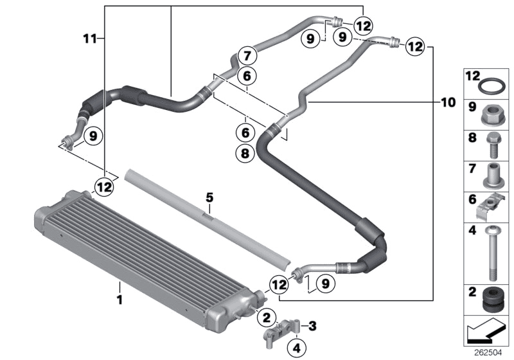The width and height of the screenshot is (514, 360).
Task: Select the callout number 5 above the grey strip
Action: pos(208,195)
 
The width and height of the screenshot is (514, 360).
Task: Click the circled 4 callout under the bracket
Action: pos(296,348)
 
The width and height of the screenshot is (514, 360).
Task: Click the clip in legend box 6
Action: pos(490,207)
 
